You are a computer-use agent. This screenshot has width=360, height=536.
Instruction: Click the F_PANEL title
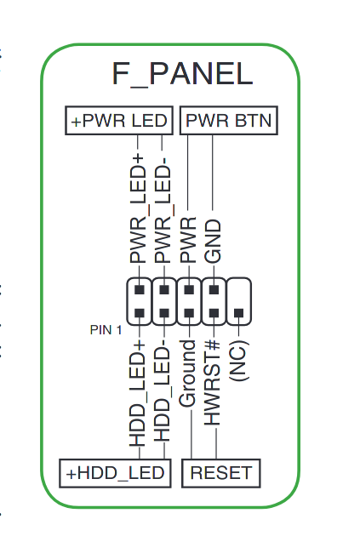(182, 74)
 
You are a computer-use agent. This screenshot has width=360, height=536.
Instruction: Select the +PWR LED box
(119, 120)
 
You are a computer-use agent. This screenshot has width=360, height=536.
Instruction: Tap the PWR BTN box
(229, 120)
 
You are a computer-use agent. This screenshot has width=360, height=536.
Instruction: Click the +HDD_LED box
(115, 473)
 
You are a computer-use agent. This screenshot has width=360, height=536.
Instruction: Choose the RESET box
(221, 473)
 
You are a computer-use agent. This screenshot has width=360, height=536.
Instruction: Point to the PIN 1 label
(106, 330)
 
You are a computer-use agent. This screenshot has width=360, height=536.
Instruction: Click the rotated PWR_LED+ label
(138, 208)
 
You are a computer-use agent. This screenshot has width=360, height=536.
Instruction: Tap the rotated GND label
(213, 242)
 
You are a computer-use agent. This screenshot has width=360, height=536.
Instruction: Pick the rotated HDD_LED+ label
(138, 394)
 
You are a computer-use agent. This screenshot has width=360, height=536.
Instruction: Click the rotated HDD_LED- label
(163, 394)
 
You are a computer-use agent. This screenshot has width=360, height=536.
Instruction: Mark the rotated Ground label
(187, 374)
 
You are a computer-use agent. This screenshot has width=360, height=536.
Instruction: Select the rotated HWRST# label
(212, 383)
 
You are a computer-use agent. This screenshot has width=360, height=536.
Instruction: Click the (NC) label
(238, 361)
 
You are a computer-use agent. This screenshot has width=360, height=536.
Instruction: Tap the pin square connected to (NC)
(238, 313)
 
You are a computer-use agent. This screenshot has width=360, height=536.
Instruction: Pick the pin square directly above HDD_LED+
(139, 313)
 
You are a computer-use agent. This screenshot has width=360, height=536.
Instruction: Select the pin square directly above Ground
(189, 313)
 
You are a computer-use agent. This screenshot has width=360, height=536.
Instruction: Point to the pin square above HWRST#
(214, 313)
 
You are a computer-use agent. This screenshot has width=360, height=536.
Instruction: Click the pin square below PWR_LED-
(164, 290)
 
